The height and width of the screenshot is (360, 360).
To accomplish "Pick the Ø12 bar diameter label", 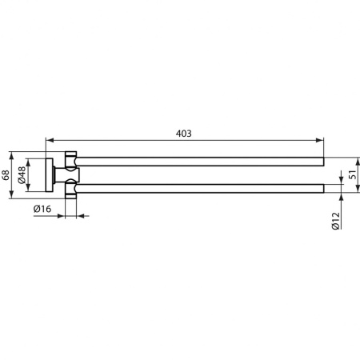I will click(337, 220).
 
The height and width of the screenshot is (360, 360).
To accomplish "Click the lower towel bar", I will click(200, 188).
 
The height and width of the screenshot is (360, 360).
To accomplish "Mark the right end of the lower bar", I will click(323, 188).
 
